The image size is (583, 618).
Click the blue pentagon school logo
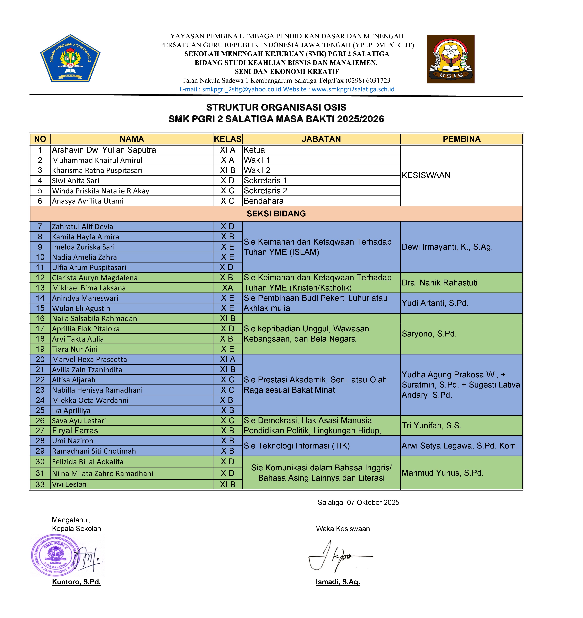pyautogui.click(x=70, y=58)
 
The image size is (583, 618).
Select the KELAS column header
pyautogui.click(x=227, y=139)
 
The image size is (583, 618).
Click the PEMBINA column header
pyautogui.click(x=461, y=139)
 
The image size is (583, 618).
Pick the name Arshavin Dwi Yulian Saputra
pyautogui.click(x=104, y=150)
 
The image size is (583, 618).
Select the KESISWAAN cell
pyautogui.click(x=426, y=175)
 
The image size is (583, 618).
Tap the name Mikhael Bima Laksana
pyautogui.click(x=89, y=288)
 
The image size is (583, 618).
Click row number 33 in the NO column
pyautogui.click(x=40, y=484)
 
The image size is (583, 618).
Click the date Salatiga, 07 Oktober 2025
pyautogui.click(x=358, y=502)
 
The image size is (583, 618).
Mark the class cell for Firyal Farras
pyautogui.click(x=227, y=431)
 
